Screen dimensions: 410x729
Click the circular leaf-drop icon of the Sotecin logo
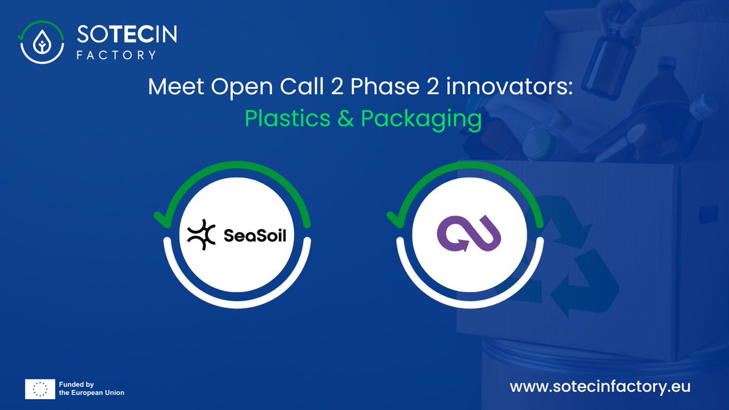42,42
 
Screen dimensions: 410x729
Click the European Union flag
39,389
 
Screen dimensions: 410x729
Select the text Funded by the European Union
91,389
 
